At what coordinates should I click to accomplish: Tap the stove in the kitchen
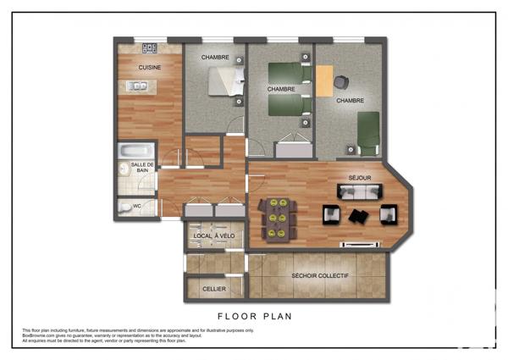click(150, 48)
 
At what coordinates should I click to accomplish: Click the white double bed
click(226, 83)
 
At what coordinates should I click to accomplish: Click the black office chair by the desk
click(341, 82)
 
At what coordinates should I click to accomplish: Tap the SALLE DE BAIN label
click(142, 167)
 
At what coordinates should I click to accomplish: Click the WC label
click(125, 204)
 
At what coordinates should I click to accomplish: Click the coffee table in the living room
click(359, 216)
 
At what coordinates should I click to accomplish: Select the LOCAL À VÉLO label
click(215, 235)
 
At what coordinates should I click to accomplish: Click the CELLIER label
click(214, 289)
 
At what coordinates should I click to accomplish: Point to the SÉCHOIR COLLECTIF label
click(319, 276)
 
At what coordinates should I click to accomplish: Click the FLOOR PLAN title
click(254, 315)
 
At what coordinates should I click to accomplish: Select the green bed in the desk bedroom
click(367, 133)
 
